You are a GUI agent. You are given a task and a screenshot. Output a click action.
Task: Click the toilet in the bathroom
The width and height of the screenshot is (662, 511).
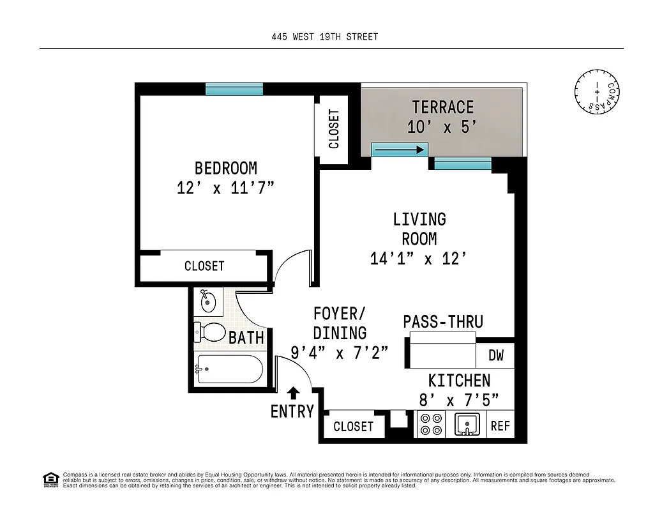coord(211,332)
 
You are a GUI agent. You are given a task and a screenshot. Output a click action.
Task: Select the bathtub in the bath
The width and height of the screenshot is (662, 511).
coord(229,369)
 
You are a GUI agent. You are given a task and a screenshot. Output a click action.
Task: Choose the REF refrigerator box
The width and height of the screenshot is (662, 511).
coord(500,425)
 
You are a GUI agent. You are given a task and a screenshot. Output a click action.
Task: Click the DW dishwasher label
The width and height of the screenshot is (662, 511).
coord(495,355)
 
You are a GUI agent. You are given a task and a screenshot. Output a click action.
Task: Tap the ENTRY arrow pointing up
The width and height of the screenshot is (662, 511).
coord(293,393)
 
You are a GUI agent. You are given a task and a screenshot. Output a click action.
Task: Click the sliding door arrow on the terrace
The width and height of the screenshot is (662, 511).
coord(399,150)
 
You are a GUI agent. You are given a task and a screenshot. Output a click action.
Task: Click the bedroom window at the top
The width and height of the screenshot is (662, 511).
coord(234,89)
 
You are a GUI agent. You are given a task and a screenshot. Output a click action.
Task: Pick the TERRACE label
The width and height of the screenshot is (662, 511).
coord(442,107)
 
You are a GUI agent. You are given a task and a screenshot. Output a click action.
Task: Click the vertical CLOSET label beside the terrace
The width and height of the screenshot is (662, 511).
coord(334,128)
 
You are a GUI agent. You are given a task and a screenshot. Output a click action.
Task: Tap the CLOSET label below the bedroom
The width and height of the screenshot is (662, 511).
coord(204,266)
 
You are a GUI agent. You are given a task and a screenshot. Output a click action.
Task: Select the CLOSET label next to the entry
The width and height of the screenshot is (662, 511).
coord(353,426)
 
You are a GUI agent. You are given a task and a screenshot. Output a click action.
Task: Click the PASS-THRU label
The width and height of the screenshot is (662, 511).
coord(442,322)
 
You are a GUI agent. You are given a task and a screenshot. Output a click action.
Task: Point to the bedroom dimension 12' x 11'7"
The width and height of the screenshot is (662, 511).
coord(225,188)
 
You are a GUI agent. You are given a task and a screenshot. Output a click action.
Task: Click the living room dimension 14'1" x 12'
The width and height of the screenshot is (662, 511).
coord(419,258)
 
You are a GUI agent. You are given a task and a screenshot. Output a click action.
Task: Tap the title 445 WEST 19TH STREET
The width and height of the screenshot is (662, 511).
coord(324,36)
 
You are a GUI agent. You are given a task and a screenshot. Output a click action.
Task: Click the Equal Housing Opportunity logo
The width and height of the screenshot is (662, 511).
coord(50,478)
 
